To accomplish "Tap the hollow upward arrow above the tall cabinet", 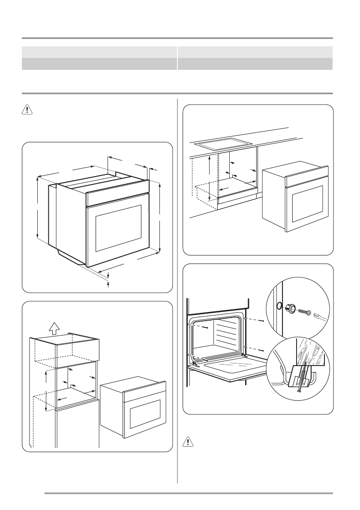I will pyautogui.click(x=54, y=328).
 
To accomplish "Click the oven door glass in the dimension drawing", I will pyautogui.click(x=118, y=228).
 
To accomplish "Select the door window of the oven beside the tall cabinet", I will pyautogui.click(x=145, y=416).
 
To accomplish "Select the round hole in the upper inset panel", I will pyautogui.click(x=279, y=306).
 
